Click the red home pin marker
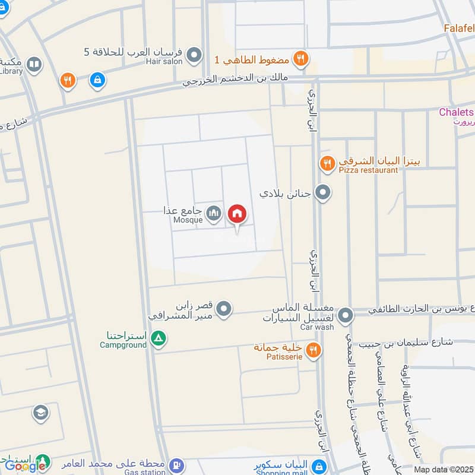[x=237, y=214]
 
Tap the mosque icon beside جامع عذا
[x=214, y=213]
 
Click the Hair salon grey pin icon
[x=194, y=56]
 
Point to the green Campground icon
[x=158, y=339]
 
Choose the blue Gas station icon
[x=176, y=465]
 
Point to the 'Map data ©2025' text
[x=442, y=469]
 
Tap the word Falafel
[x=459, y=28]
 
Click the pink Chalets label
[x=456, y=112]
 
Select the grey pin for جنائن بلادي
[x=322, y=192]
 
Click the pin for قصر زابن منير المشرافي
[x=224, y=309]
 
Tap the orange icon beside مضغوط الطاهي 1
[x=301, y=58]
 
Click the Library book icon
[x=35, y=64]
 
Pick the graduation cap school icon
[x=41, y=412]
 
